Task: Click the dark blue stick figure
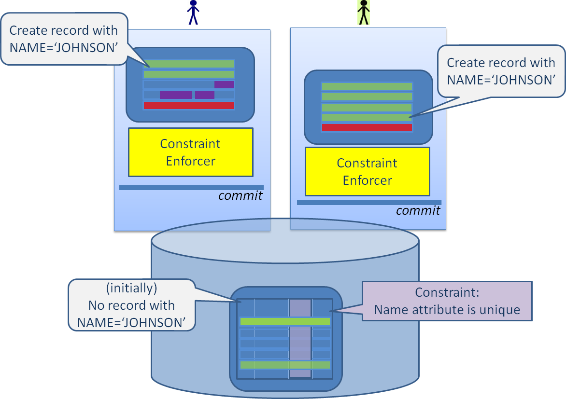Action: (193, 12)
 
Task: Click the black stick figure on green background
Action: (363, 12)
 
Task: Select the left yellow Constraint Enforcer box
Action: (190, 152)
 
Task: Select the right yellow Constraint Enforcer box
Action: (367, 171)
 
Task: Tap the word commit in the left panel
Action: (241, 195)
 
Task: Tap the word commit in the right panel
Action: (418, 211)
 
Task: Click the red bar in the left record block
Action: (188, 105)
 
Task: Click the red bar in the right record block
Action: (367, 127)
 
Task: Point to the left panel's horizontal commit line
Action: (191, 187)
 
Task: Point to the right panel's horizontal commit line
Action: (369, 203)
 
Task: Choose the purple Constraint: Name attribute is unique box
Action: (447, 301)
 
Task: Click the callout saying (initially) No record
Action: (131, 305)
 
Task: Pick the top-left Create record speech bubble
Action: (64, 39)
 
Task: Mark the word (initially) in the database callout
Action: (131, 289)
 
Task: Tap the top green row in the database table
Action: (284, 321)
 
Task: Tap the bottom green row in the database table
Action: (284, 365)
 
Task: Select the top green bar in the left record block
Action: (188, 64)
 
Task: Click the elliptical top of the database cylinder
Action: (284, 241)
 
